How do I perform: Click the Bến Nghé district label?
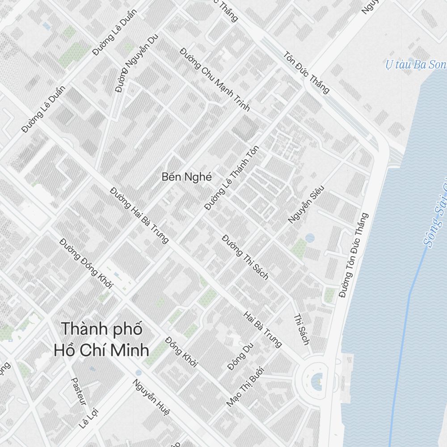click(187, 177)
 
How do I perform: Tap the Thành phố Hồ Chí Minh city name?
click(101, 339)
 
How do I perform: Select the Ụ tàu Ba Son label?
click(416, 65)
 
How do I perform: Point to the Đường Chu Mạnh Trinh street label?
click(215, 79)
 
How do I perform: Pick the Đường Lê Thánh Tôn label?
click(232, 177)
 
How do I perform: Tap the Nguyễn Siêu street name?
click(306, 206)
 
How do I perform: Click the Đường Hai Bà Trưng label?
click(139, 215)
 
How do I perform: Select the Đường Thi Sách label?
click(245, 257)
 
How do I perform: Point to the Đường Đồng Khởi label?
click(86, 262)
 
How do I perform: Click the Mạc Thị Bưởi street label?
click(245, 386)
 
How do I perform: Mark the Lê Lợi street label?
click(88, 418)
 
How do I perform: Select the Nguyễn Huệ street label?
click(151, 397)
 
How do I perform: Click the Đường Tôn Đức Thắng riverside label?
click(354, 255)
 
